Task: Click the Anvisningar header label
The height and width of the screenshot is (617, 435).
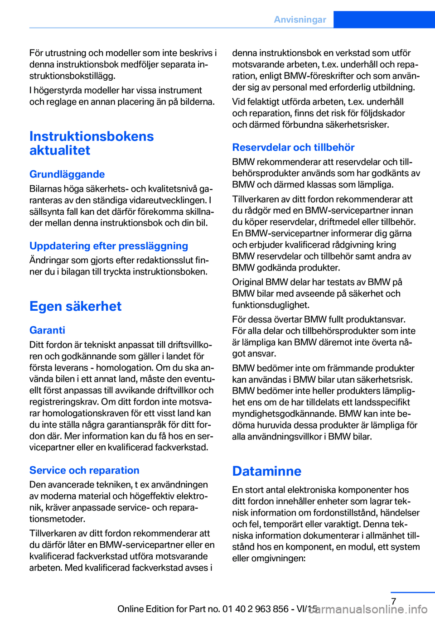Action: pos(300,19)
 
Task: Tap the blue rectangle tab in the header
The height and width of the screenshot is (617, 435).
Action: pos(384,19)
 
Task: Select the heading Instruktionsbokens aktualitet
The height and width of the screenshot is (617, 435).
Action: pos(92,143)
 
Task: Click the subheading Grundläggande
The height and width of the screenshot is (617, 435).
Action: pos(67,174)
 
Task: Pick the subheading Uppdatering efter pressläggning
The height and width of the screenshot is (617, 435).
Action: pos(109,246)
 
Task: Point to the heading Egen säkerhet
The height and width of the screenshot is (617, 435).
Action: pos(76,306)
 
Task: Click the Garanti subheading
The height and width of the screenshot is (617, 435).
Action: pos(47,330)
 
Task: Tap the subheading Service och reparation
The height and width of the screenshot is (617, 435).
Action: pos(84,470)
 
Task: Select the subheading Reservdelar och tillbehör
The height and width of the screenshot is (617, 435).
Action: pos(293,147)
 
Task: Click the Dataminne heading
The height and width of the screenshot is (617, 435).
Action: pos(266,471)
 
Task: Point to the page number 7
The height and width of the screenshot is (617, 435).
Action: pos(394,602)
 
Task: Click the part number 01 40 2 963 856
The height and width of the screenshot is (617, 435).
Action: pos(256,609)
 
